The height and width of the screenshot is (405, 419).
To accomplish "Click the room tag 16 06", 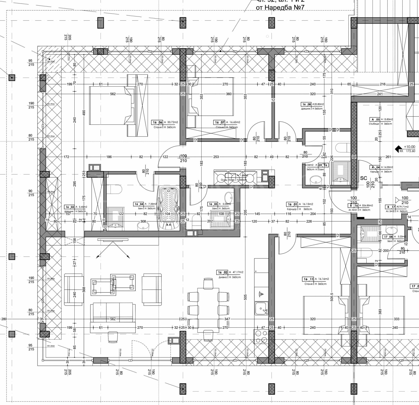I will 158,122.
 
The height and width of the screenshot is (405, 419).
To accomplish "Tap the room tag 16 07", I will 219,122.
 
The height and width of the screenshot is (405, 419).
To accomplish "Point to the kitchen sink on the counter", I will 261,308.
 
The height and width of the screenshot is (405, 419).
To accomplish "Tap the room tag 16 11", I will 308,279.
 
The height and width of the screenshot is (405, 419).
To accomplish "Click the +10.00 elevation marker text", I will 409,147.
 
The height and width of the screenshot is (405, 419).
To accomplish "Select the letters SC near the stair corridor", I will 363,178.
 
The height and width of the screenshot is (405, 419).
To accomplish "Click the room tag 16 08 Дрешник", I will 306,104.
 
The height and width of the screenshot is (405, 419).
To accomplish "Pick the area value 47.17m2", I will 238,272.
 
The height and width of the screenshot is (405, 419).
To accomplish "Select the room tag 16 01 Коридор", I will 292,204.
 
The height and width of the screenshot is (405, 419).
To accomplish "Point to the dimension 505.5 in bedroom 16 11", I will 332,297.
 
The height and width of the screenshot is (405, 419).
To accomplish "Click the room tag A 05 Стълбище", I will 375,119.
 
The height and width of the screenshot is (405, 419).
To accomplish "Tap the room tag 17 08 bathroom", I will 388,237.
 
